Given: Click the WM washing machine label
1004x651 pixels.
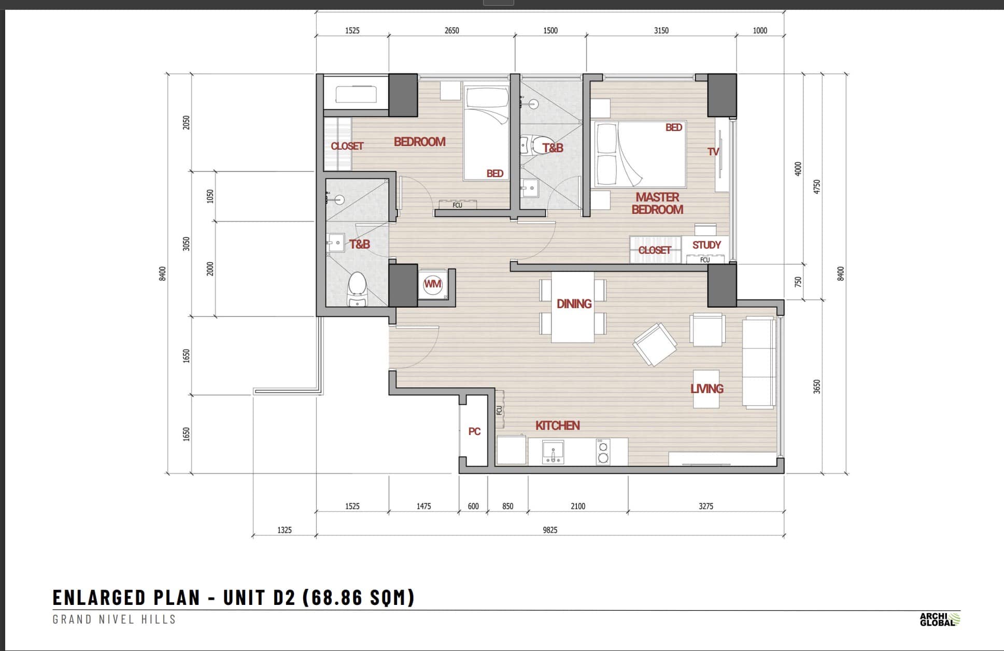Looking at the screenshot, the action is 433,284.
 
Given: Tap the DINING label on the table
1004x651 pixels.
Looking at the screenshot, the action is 574,304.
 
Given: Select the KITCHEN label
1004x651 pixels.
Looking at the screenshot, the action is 558,426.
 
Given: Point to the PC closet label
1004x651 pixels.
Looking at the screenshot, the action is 474,431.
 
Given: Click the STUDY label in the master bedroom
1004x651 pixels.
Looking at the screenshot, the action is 706,245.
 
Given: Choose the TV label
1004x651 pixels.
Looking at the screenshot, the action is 714,152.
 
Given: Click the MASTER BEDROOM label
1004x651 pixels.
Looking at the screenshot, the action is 657,204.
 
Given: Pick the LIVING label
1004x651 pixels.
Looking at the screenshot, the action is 707,389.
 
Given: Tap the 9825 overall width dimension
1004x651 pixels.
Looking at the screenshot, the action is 550,530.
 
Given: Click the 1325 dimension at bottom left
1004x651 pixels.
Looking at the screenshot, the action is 285,530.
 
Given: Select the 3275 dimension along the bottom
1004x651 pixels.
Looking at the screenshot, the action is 706,506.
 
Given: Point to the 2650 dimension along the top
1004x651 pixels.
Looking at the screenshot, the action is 451,31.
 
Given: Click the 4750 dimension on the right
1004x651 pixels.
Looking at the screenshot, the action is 817,186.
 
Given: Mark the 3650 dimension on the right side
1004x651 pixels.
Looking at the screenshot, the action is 817,387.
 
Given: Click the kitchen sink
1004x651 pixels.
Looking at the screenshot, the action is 553,452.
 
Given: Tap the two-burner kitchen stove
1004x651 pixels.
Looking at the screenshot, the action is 603,452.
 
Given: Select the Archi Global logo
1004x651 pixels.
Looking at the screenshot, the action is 940,619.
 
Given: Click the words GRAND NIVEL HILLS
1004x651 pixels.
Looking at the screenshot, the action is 115,619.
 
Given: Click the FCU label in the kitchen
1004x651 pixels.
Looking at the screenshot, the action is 500,410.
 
